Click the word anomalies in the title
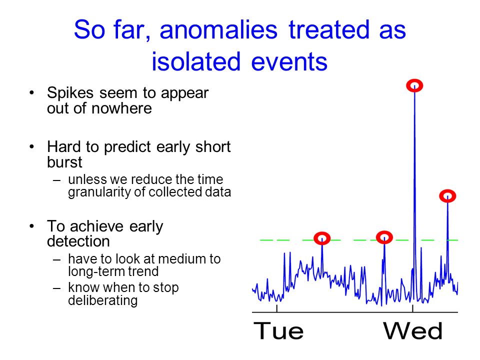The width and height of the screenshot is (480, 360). (x=218, y=29)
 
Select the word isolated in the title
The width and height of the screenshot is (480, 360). (x=196, y=61)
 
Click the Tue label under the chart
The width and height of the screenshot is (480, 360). (x=278, y=331)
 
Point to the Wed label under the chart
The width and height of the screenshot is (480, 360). (x=412, y=331)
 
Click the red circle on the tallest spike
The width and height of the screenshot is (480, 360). (x=414, y=85)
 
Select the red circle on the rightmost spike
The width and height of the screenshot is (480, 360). (x=447, y=196)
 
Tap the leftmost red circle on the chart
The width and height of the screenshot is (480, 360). (x=322, y=238)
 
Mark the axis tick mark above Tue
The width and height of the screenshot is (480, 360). (x=276, y=308)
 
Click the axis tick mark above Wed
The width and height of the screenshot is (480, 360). (x=412, y=308)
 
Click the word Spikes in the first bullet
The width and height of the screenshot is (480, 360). (x=70, y=93)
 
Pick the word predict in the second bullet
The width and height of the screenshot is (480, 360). (x=127, y=147)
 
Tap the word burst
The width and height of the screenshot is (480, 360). (x=64, y=162)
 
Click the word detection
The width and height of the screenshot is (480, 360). (x=78, y=241)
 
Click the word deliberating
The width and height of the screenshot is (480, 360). (x=103, y=300)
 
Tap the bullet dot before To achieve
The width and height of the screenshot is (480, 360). (x=32, y=226)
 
